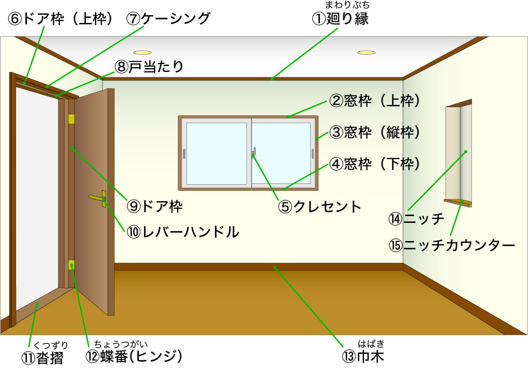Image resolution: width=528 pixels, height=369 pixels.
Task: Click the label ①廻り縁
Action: pos(340,19)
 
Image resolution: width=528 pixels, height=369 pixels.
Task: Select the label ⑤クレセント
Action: pos(320,207)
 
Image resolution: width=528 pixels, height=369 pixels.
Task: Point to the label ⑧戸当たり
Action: pos(149,67)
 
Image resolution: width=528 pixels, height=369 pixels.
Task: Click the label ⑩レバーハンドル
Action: pos(183,232)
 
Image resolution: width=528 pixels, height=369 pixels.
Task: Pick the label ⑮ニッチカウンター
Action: pos(452,246)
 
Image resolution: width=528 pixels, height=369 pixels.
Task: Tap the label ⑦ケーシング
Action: pos(168,19)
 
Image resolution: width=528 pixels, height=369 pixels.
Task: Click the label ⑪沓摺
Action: pos(42,358)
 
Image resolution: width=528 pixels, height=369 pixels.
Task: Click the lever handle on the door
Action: pos(97,199)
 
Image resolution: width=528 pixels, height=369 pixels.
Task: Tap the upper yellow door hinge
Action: pos(71,119)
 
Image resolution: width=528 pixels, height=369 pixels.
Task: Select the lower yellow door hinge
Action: pos(71,265)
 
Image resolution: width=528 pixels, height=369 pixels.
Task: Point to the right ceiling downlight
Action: pos(366,52)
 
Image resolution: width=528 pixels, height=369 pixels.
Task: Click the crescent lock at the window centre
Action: pos(253,152)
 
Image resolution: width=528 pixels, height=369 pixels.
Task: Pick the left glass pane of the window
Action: pos(216,153)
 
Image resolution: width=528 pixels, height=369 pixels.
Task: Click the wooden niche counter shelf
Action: pos(458,202)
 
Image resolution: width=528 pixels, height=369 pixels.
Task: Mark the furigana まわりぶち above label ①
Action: pos(348,6)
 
